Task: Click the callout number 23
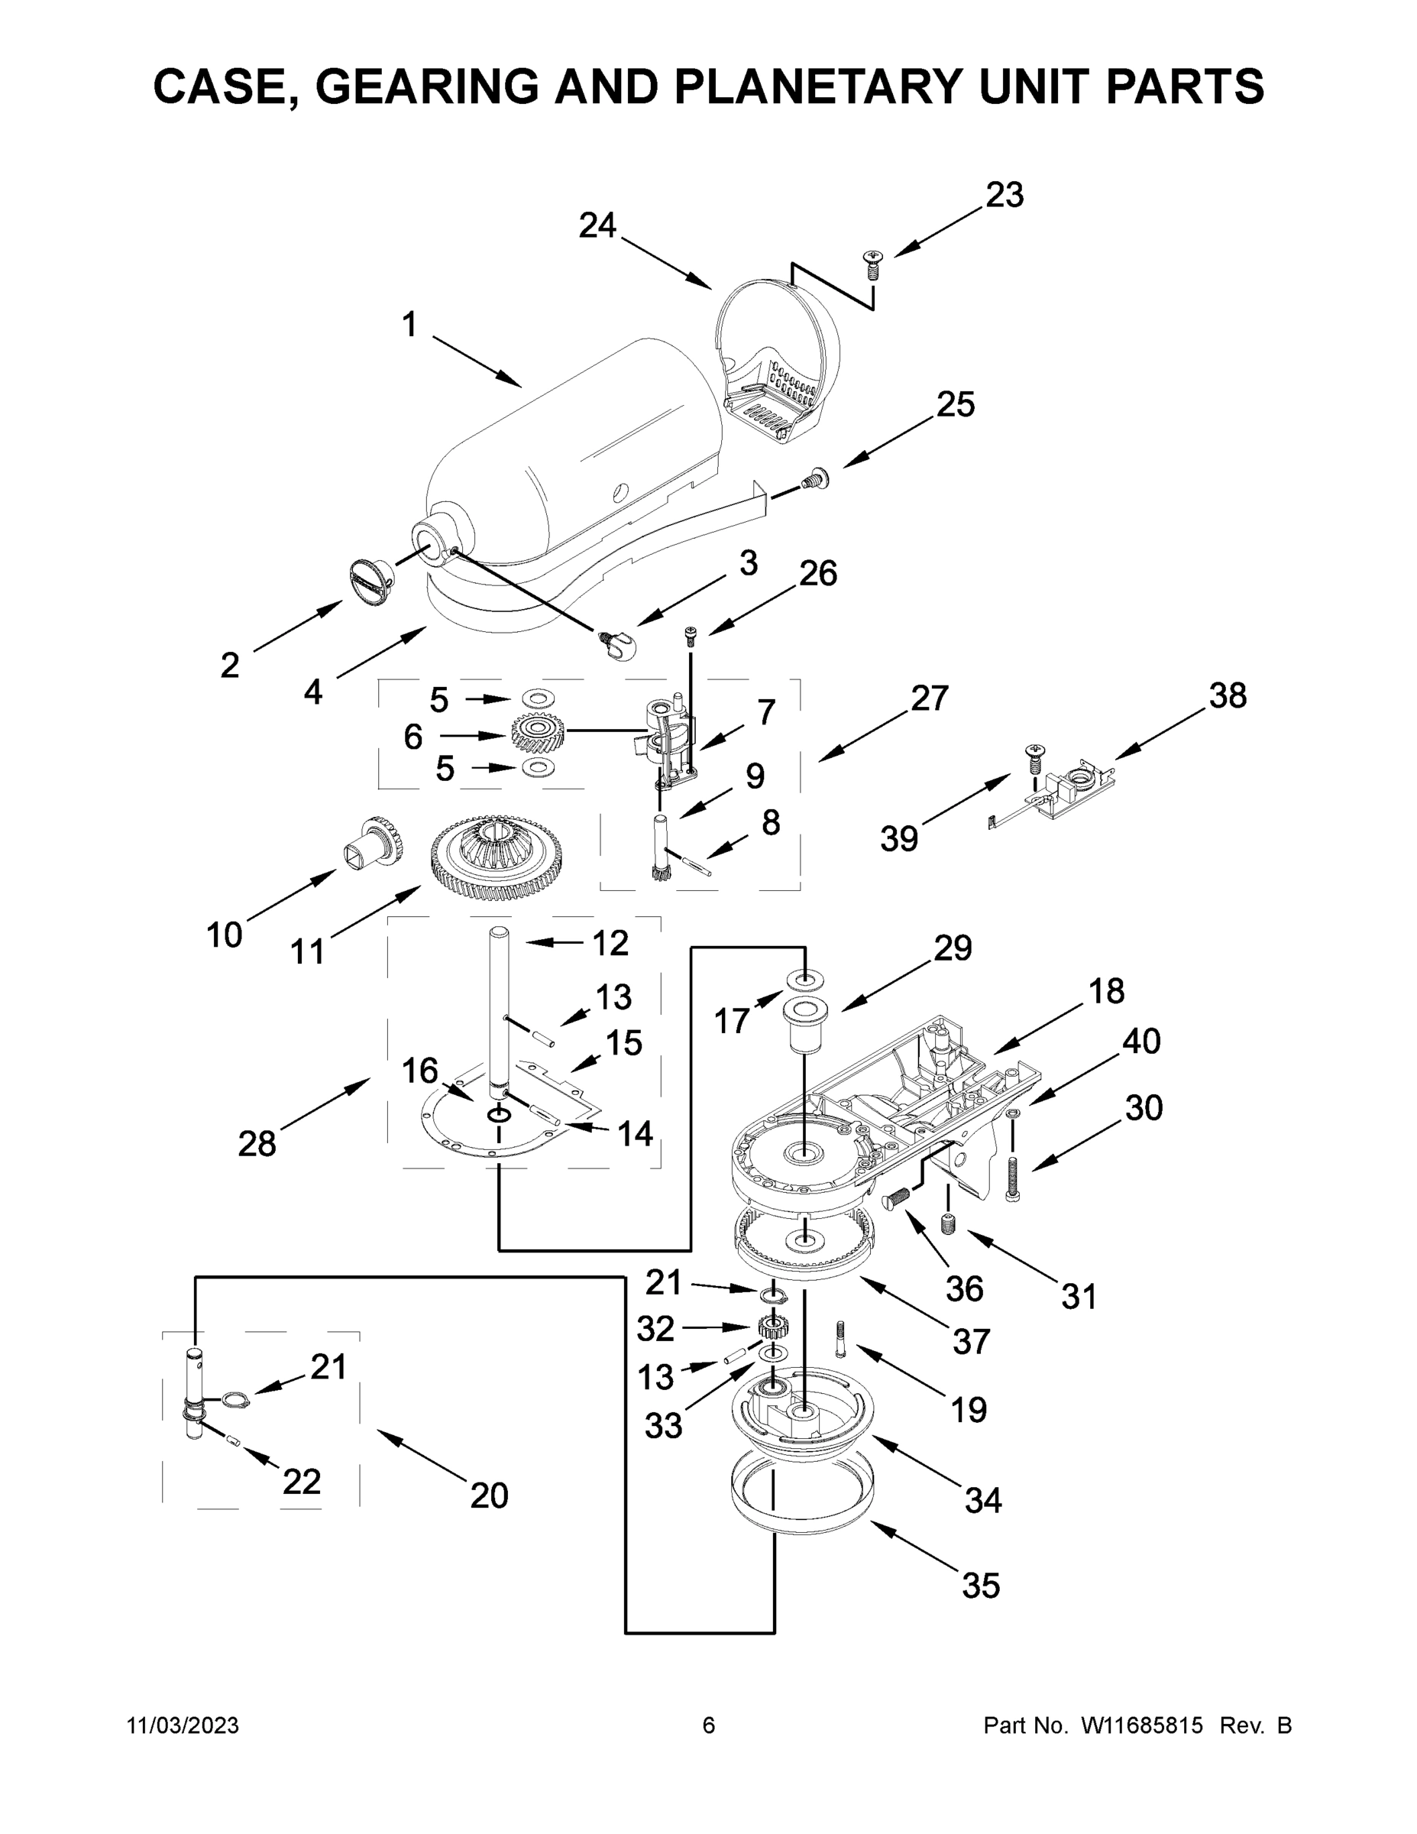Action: pos(1004,195)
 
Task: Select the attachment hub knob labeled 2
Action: pos(370,579)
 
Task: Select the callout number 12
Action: pos(610,943)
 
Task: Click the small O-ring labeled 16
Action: pos(500,1114)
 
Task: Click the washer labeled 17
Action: pos(804,979)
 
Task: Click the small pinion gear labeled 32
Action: pos(770,1327)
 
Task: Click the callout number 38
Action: pos(1228,695)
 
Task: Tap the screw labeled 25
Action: pos(814,479)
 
